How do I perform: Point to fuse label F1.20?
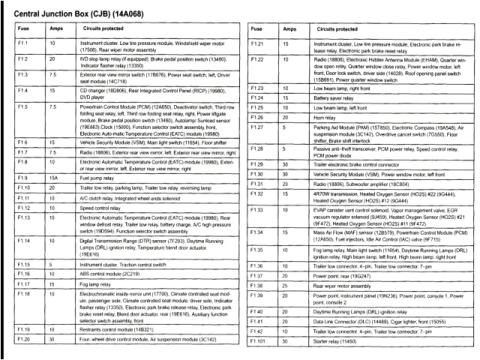click(x=22, y=340)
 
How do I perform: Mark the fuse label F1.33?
click(x=258, y=209)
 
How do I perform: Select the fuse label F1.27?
click(x=258, y=127)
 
